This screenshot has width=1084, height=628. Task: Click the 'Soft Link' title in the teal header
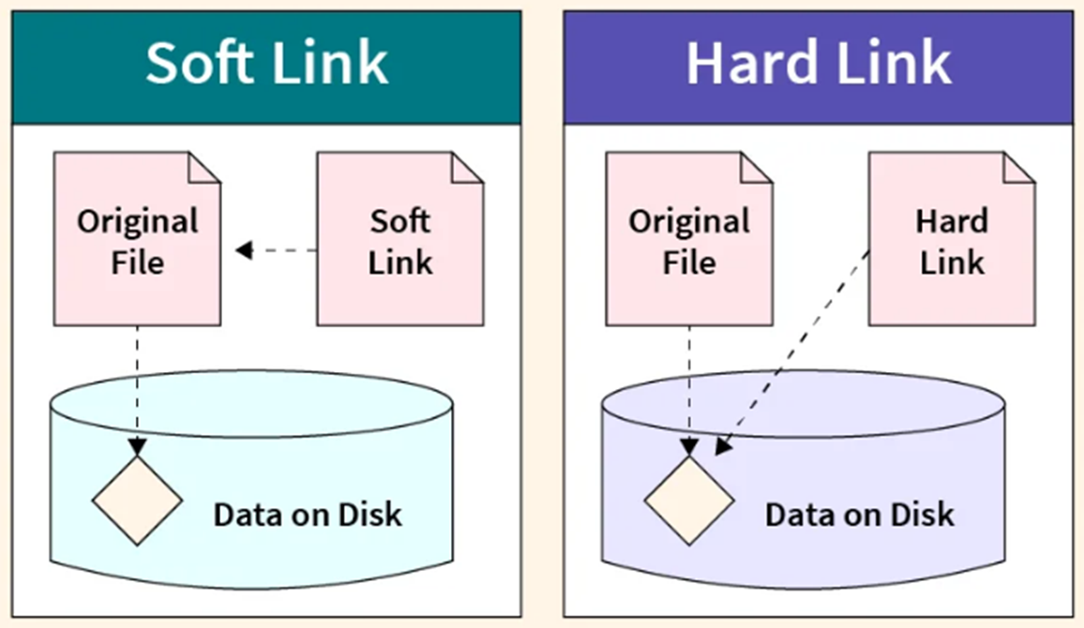click(267, 64)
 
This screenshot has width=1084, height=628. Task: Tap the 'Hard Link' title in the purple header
click(819, 64)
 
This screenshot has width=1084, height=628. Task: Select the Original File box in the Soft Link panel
click(138, 239)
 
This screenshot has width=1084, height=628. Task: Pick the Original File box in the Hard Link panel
click(689, 239)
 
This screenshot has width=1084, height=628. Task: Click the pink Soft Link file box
click(400, 239)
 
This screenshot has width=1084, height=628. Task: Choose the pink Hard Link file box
click(952, 239)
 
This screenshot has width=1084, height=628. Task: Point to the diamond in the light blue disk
click(137, 501)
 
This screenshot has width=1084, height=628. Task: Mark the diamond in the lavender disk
click(688, 501)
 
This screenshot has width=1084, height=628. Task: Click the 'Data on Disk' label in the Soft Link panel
click(308, 515)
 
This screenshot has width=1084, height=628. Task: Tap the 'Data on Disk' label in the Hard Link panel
click(859, 515)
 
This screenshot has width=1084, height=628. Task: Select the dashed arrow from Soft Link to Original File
click(276, 250)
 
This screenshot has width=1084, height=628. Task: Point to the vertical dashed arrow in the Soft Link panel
click(137, 391)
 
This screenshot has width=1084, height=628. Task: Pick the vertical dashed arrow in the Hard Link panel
click(688, 391)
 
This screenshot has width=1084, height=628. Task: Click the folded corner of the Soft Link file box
click(468, 167)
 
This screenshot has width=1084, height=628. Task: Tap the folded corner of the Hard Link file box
click(1019, 167)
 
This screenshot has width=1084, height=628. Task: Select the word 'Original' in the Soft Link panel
click(138, 222)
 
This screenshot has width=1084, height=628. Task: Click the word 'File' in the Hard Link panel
click(689, 262)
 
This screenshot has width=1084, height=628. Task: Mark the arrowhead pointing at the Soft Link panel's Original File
click(244, 250)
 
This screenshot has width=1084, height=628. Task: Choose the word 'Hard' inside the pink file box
click(952, 222)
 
